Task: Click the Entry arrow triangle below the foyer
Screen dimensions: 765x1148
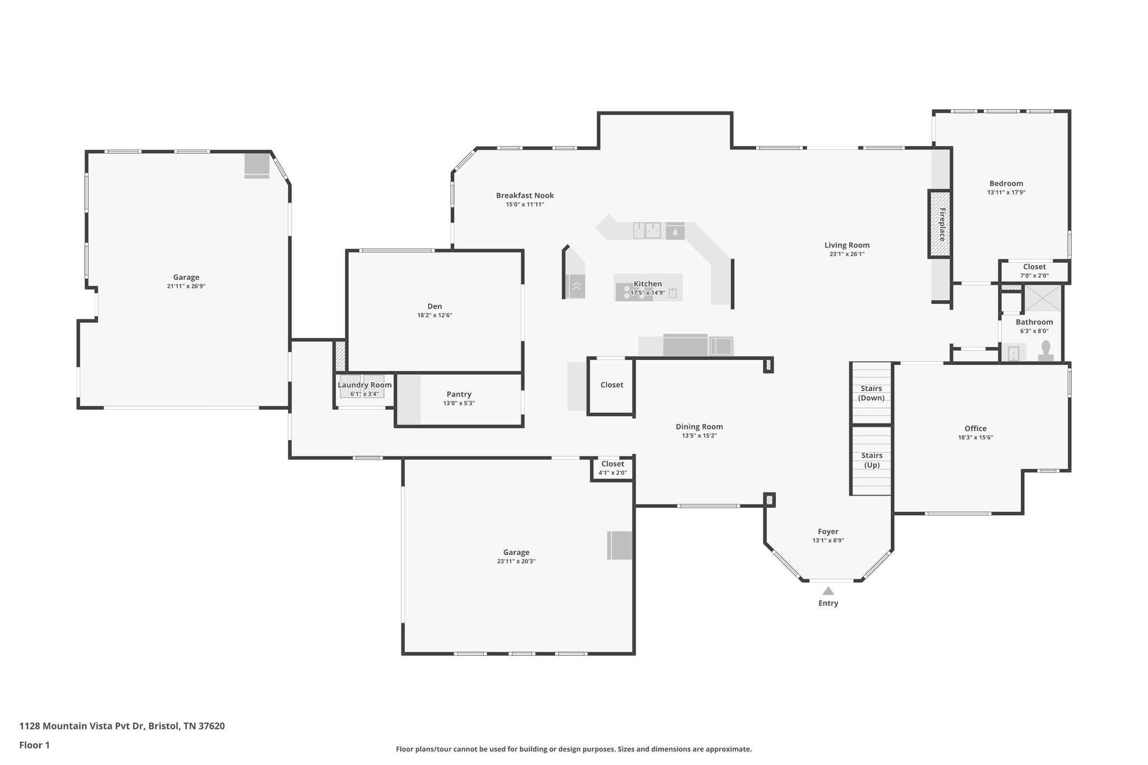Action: (828, 591)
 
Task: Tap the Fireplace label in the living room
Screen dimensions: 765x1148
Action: (942, 224)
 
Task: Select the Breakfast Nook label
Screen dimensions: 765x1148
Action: (525, 196)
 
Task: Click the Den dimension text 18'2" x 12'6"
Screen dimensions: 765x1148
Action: (434, 316)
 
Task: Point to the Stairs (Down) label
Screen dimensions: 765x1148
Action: (871, 393)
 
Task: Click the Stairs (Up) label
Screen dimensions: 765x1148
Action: (872, 460)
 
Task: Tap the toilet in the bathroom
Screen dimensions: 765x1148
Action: (1045, 350)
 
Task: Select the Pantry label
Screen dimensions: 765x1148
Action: (459, 395)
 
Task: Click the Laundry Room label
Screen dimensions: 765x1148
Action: (364, 385)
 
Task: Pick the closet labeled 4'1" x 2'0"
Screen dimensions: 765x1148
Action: (612, 469)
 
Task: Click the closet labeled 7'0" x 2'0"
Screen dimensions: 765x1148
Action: (1034, 271)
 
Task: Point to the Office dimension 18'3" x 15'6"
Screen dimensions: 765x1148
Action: (975, 438)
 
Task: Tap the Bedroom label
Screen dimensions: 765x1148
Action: (1006, 183)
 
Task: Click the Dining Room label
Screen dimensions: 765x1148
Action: (699, 426)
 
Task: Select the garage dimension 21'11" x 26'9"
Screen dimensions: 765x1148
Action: (186, 286)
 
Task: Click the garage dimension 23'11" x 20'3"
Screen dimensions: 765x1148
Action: (516, 562)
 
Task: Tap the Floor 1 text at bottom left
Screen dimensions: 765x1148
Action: (34, 745)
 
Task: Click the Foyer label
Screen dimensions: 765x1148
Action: (828, 531)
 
